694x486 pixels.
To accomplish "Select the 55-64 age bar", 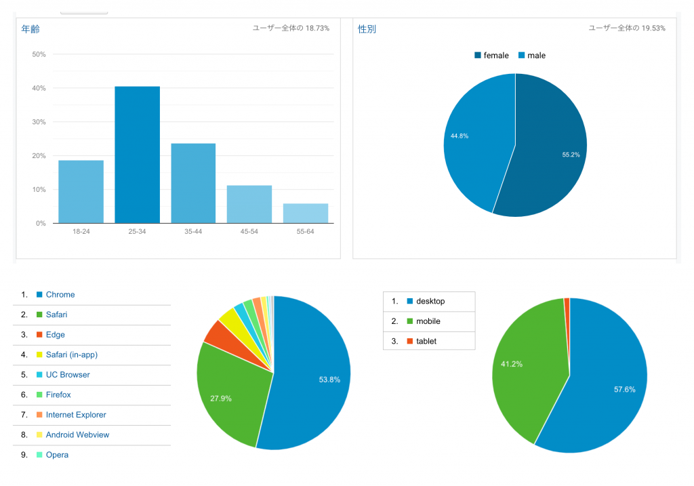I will [x=306, y=213].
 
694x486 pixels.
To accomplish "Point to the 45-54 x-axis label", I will [x=249, y=232].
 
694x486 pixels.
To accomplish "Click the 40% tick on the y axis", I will [x=39, y=88].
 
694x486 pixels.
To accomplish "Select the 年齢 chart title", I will [x=30, y=29].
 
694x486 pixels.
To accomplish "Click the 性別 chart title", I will [x=367, y=29].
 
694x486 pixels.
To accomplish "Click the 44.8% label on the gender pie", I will [x=460, y=136].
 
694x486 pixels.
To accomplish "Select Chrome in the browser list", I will [x=60, y=295].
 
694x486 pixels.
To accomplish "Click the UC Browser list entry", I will [x=68, y=375].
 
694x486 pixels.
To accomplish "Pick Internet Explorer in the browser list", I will [x=76, y=415].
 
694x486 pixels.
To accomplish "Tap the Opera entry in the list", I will [x=57, y=455].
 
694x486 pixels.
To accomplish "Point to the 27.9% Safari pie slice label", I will [x=221, y=399].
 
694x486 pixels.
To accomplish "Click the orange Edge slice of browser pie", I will [x=215, y=331].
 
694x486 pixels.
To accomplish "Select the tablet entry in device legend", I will [x=426, y=341].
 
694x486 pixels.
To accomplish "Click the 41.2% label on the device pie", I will [x=512, y=364].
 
